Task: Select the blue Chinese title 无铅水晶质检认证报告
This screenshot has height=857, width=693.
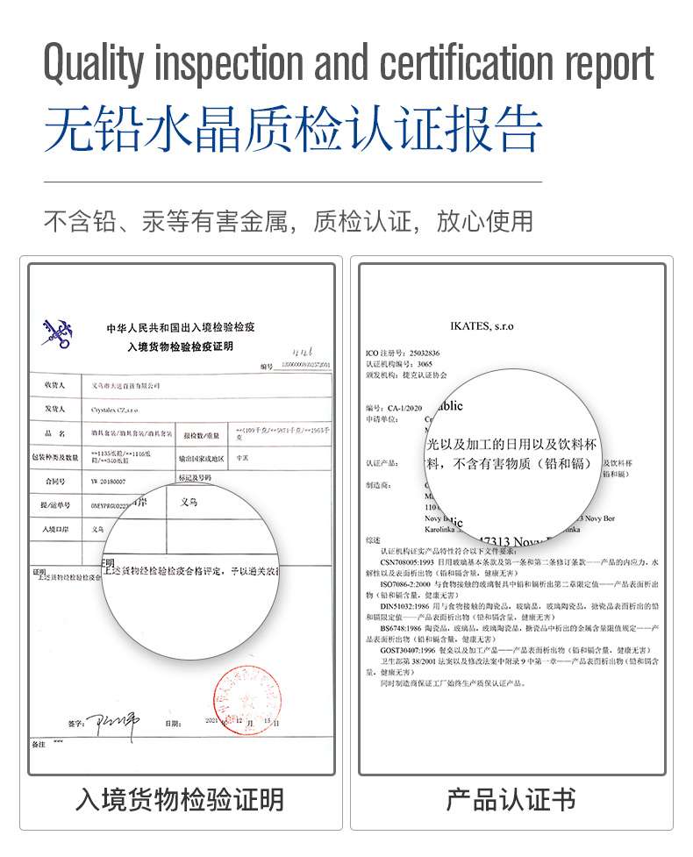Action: [293, 131]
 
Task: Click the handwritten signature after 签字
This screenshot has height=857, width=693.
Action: [113, 723]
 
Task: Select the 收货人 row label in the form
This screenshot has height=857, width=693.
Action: [54, 385]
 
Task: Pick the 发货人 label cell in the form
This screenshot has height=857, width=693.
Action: [54, 410]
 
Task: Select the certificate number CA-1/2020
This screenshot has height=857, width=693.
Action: [408, 408]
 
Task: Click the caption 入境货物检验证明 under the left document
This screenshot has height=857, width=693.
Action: [180, 800]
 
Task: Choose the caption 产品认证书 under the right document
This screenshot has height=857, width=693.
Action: [511, 800]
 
